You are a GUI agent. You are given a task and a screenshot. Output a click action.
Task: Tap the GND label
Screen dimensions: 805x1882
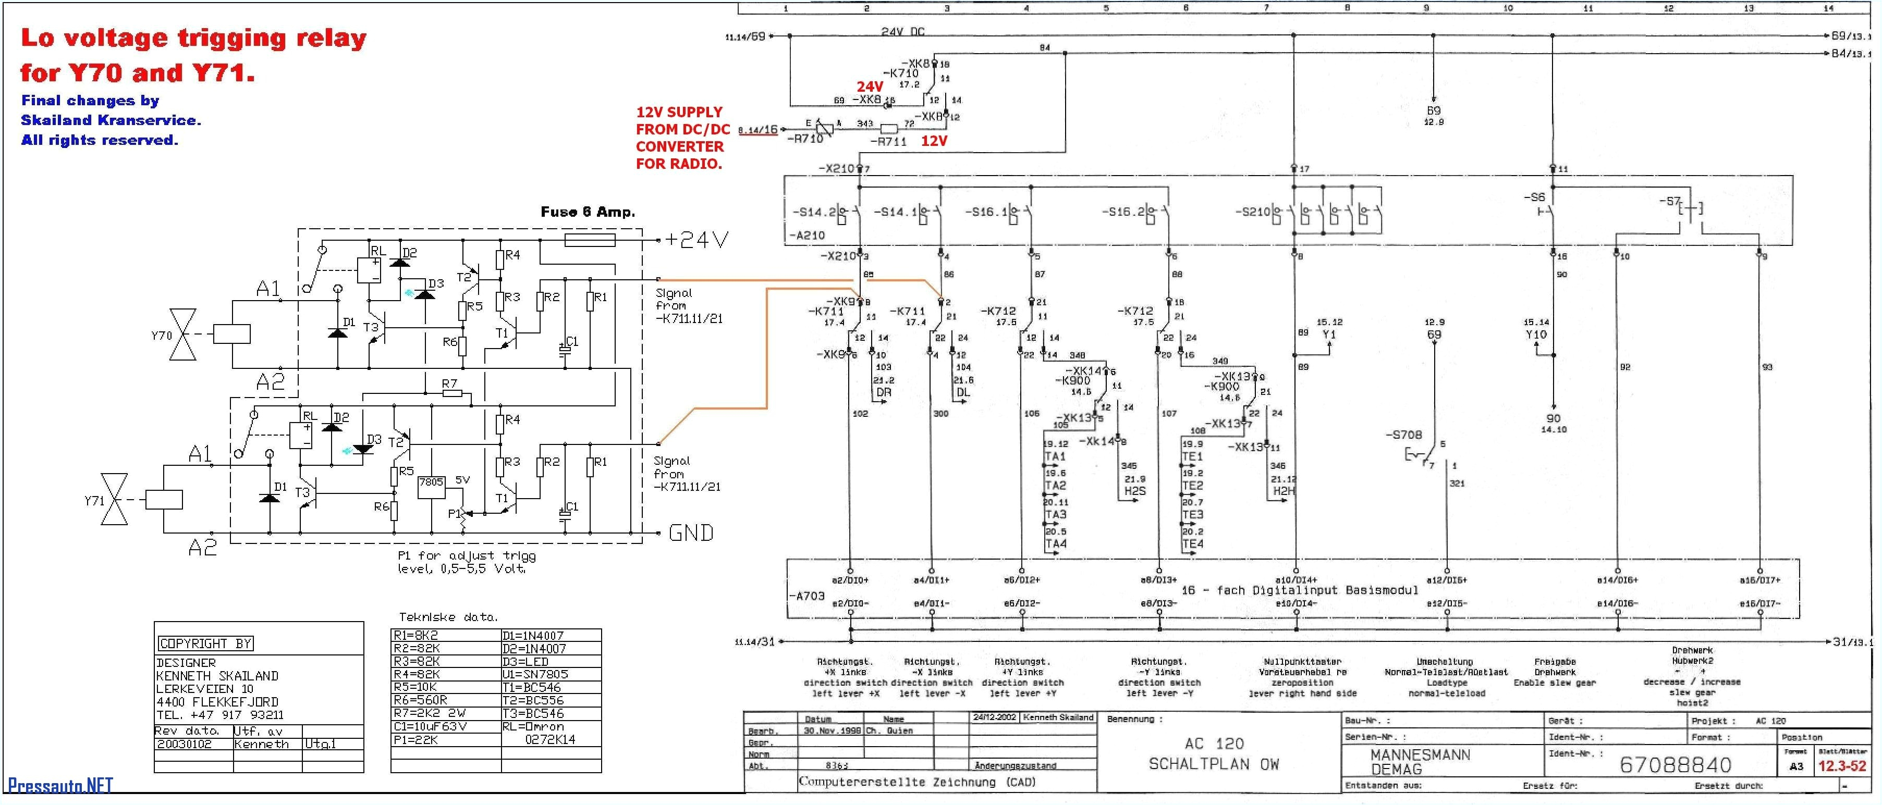(690, 533)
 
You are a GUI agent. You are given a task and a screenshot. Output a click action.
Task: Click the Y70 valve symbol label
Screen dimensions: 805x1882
(162, 336)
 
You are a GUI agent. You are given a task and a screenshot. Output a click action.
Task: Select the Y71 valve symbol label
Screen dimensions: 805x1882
(94, 500)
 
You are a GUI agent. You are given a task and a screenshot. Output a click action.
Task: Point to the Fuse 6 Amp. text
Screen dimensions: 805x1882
(588, 212)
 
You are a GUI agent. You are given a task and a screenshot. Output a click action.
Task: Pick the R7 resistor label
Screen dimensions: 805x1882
(449, 383)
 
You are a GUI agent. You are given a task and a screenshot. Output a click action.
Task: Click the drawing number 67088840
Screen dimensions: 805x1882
(1675, 765)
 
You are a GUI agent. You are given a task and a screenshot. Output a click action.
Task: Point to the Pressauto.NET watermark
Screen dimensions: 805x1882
(60, 785)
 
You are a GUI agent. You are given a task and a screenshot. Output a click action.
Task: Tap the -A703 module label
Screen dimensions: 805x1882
(808, 596)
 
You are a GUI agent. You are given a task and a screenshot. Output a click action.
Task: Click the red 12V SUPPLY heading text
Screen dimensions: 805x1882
(679, 113)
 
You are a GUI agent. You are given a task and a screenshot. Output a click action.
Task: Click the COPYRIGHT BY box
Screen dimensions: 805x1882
(205, 643)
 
